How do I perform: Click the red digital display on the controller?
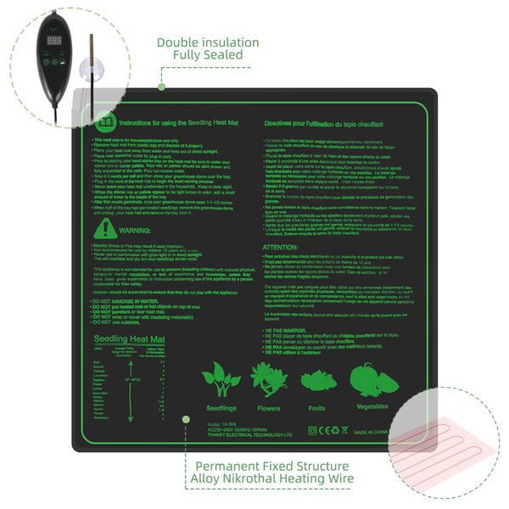click(x=56, y=40)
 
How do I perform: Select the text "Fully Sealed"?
click(x=208, y=55)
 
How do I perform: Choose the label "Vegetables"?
click(x=373, y=407)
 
